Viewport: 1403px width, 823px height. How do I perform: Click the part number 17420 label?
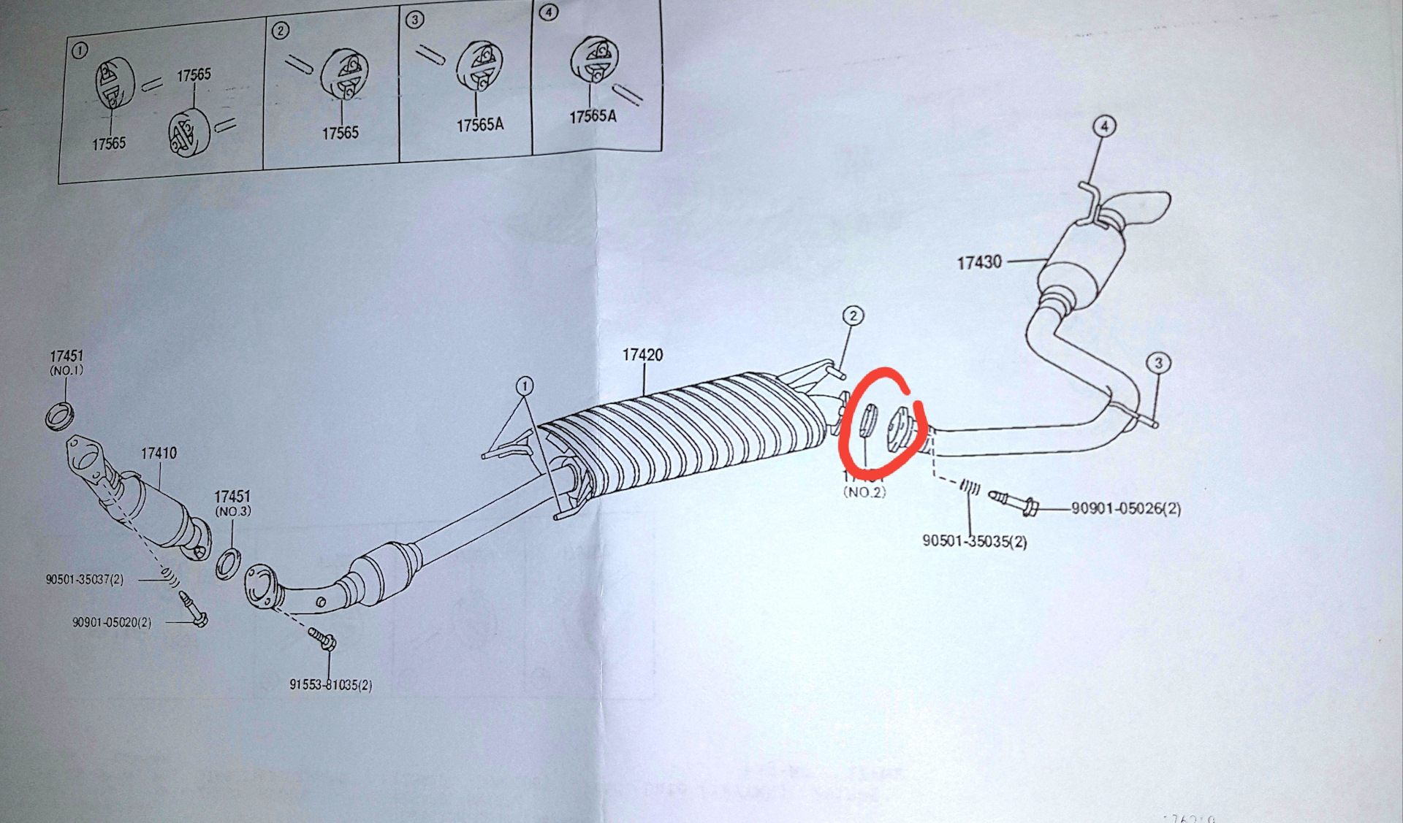pyautogui.click(x=642, y=355)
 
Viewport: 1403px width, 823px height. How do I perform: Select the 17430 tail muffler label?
pyautogui.click(x=979, y=262)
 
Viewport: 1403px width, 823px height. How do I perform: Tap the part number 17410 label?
pyautogui.click(x=159, y=453)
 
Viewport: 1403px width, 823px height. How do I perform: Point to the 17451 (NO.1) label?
pyautogui.click(x=66, y=362)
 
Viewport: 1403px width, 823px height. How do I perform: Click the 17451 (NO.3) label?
pyautogui.click(x=232, y=503)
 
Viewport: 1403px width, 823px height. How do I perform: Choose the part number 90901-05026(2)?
pyautogui.click(x=1125, y=508)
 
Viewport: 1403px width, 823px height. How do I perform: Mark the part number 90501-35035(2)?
pyautogui.click(x=974, y=542)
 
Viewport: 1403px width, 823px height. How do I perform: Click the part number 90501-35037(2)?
pyautogui.click(x=84, y=580)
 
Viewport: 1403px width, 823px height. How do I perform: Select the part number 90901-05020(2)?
pyautogui.click(x=111, y=623)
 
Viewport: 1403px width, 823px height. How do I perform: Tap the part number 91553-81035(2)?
pyautogui.click(x=330, y=685)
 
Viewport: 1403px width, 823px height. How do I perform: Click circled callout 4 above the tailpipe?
pyautogui.click(x=1104, y=126)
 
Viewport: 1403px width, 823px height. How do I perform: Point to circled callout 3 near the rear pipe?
pyautogui.click(x=1158, y=363)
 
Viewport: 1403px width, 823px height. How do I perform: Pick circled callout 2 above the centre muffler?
pyautogui.click(x=853, y=315)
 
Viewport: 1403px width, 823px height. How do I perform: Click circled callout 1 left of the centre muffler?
pyautogui.click(x=524, y=385)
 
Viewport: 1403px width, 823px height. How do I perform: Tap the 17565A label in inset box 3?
pyautogui.click(x=480, y=125)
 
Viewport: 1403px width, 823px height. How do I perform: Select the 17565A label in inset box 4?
pyautogui.click(x=593, y=116)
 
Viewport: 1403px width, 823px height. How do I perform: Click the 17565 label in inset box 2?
pyautogui.click(x=341, y=133)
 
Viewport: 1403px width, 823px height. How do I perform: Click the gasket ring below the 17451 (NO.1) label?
pyautogui.click(x=59, y=416)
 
